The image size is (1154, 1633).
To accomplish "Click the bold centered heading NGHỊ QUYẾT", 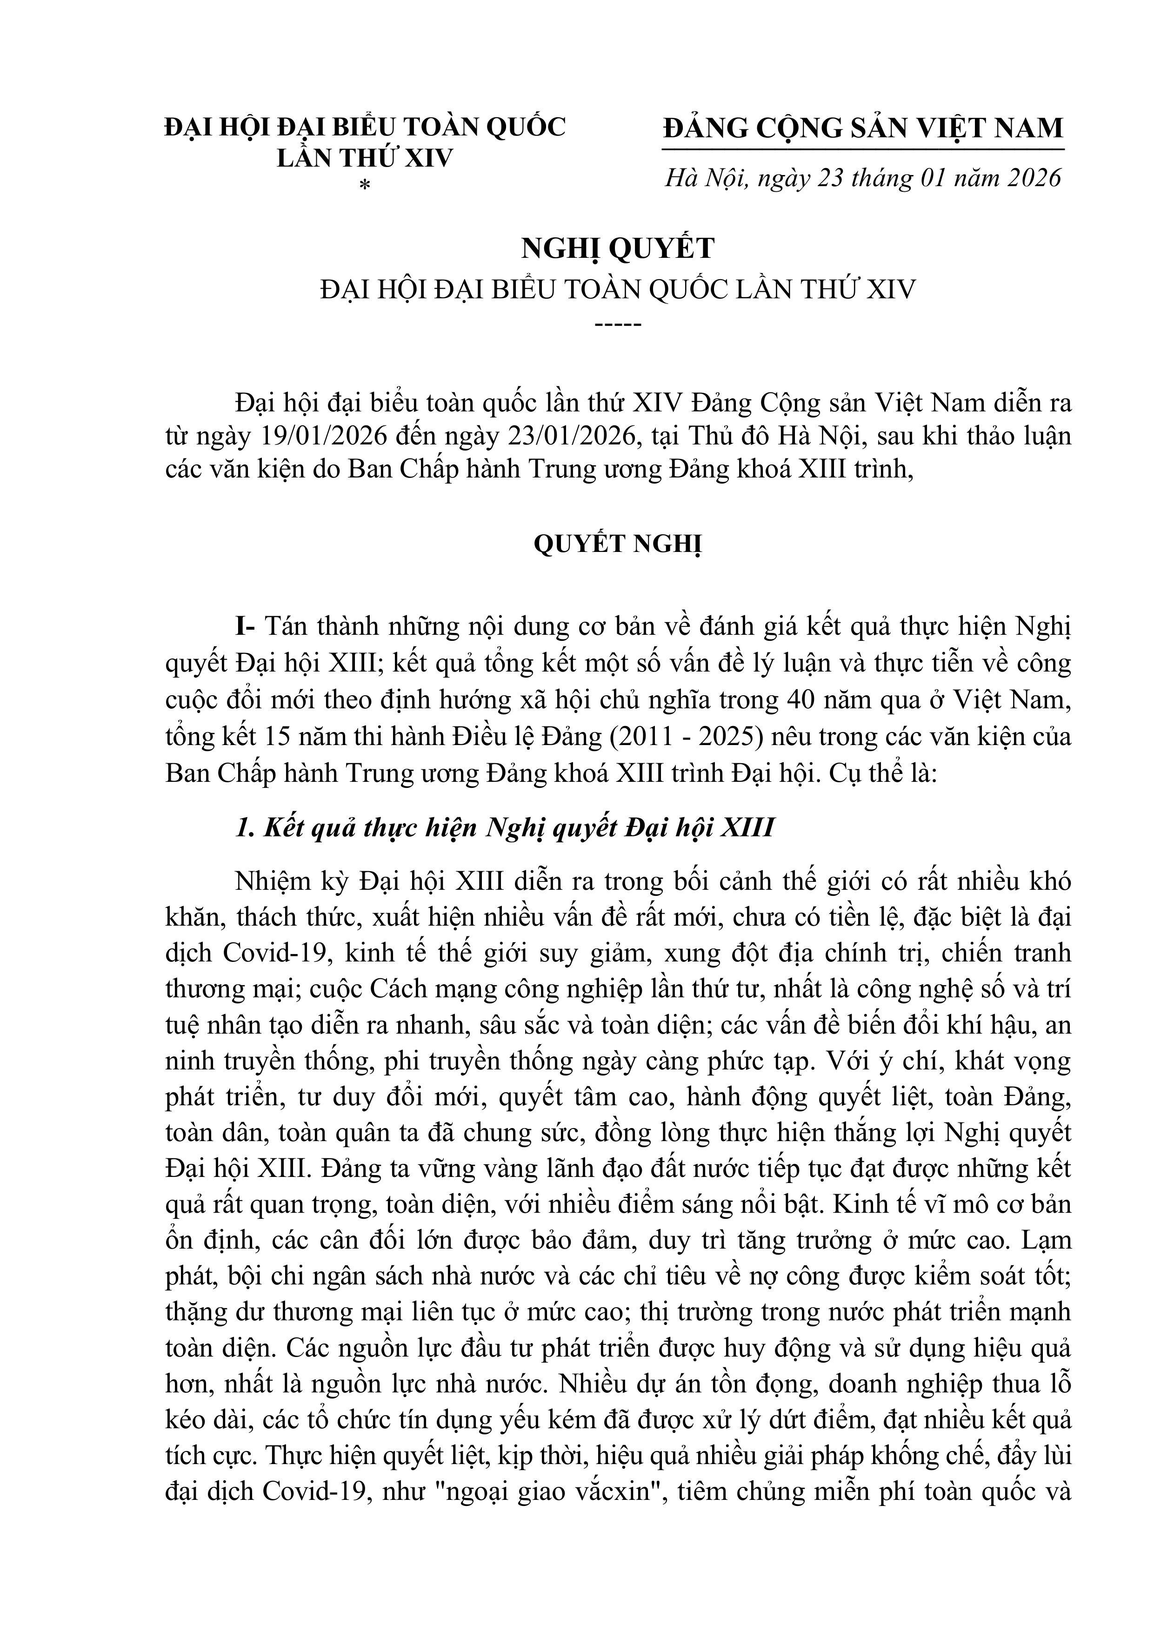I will pyautogui.click(x=617, y=248).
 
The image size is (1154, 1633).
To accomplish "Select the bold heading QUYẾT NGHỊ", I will pyautogui.click(x=617, y=544).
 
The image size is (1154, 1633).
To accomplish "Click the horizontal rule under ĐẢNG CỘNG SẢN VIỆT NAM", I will pyautogui.click(x=862, y=150).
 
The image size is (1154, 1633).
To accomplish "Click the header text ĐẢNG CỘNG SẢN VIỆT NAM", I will pyautogui.click(x=862, y=128).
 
